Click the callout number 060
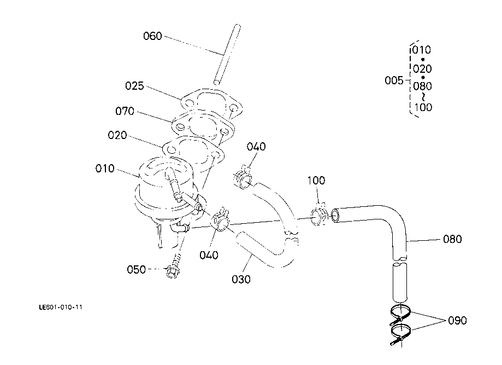(152, 36)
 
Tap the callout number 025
(134, 86)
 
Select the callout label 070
(125, 111)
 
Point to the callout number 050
(136, 269)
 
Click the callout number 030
(241, 280)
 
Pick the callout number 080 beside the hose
(452, 239)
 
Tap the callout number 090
(458, 321)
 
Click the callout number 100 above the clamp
(316, 181)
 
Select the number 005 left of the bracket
(394, 80)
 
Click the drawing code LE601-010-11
(61, 307)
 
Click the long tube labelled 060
(227, 55)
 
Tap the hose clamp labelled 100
(319, 215)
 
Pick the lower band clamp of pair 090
(400, 334)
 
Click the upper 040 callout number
(256, 147)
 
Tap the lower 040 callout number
(209, 256)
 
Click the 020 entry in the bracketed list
(422, 69)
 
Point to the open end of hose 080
(335, 215)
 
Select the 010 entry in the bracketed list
(422, 50)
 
